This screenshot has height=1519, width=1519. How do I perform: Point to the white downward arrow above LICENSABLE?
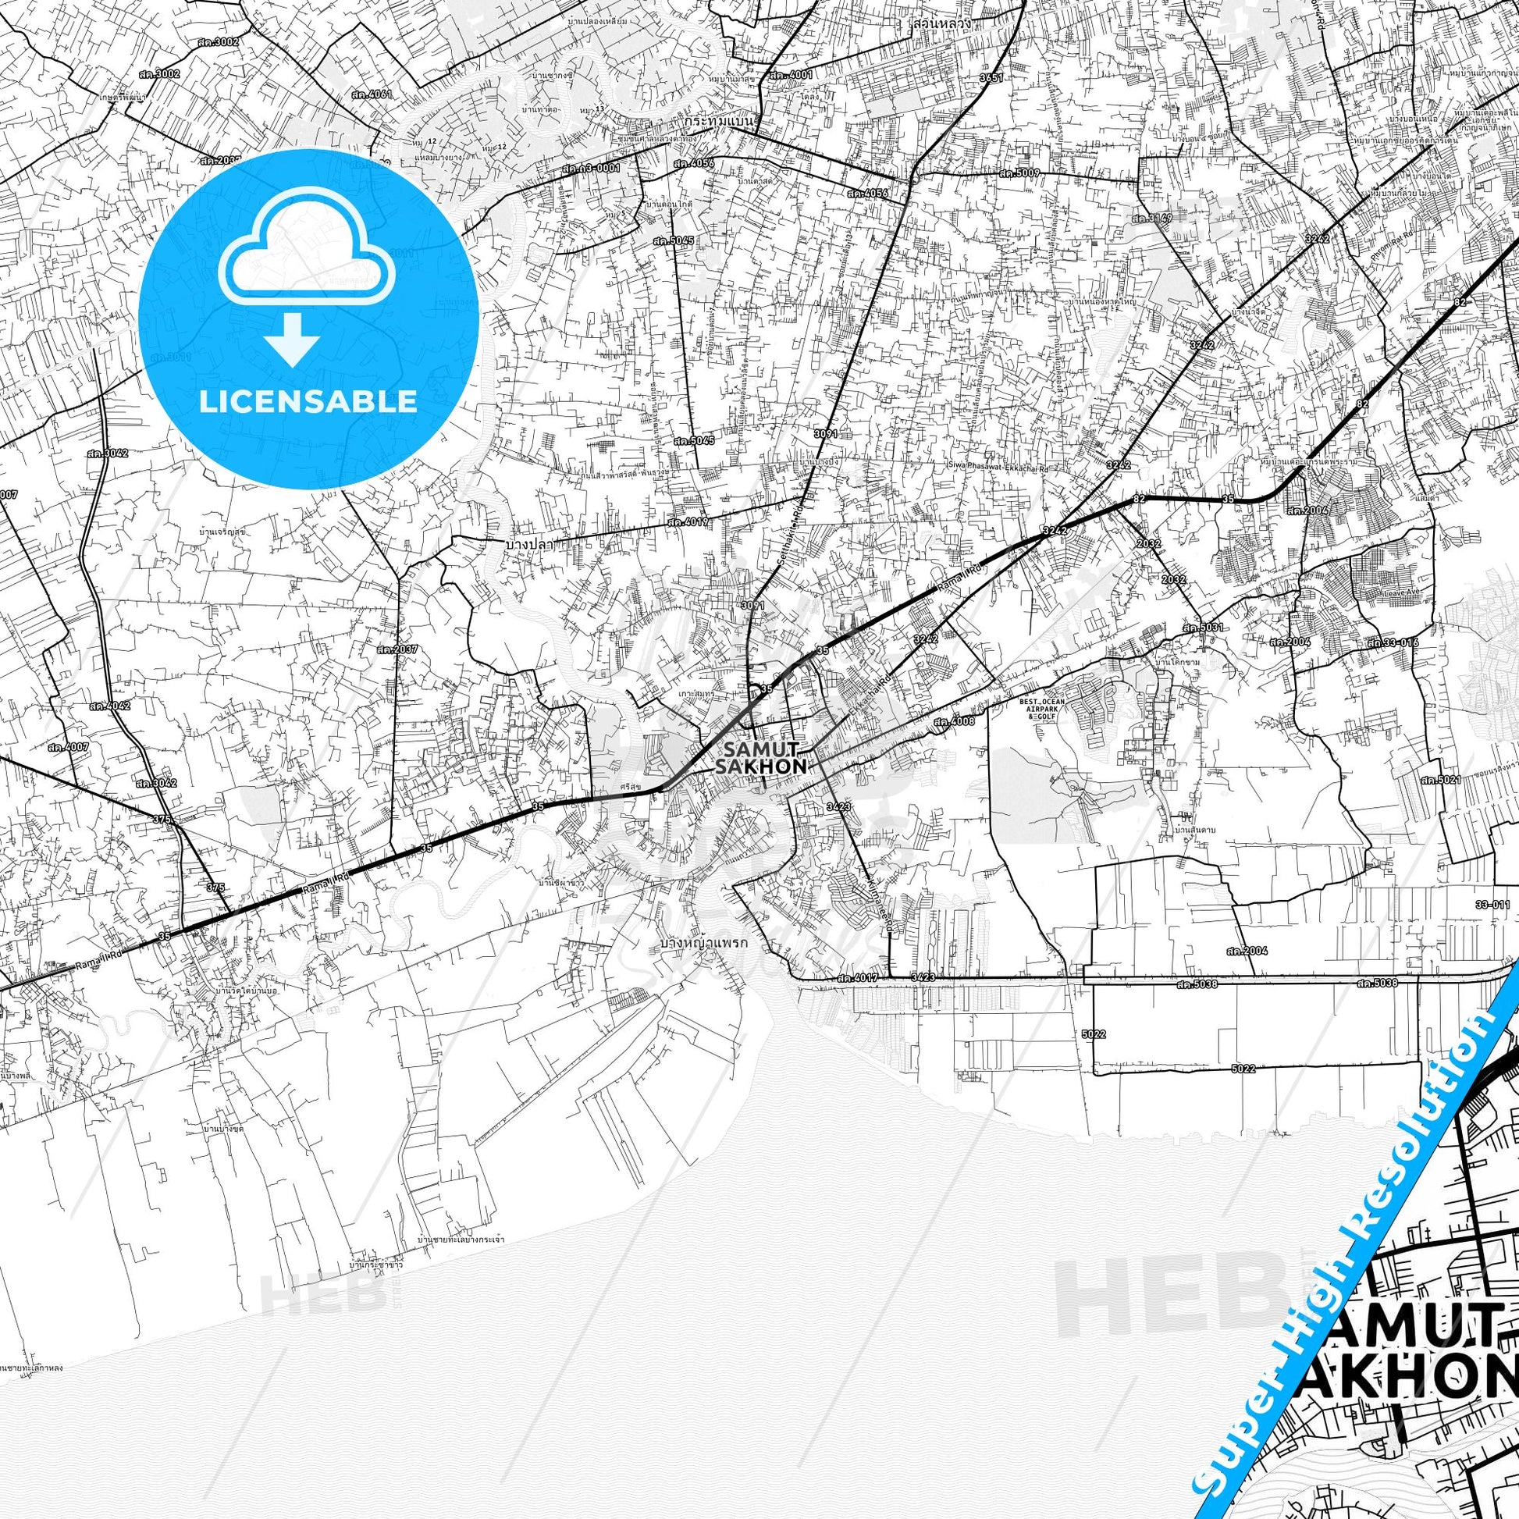click(292, 337)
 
